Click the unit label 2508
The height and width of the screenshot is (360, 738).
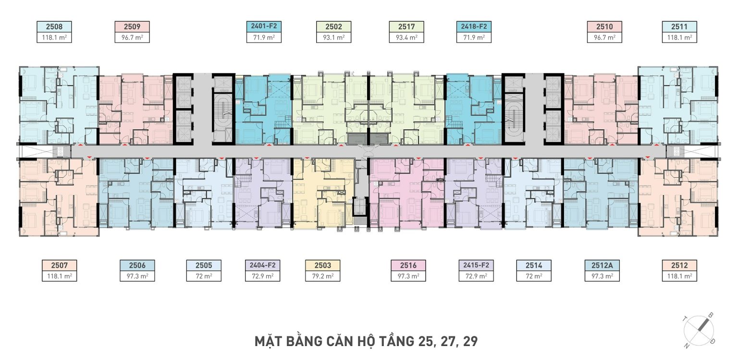pos(54,27)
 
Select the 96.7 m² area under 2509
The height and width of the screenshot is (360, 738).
pos(132,37)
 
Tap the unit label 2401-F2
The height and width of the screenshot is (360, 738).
pos(264,26)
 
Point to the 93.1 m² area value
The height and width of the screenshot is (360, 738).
pos(334,37)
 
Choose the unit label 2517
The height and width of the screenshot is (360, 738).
pos(406,27)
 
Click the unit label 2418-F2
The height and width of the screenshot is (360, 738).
pos(474,26)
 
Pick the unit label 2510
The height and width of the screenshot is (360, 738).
pos(604,27)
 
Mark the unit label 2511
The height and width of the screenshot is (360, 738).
pos(679,27)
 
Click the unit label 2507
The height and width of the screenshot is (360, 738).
pos(59,265)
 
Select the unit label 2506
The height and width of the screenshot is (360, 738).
pos(137,265)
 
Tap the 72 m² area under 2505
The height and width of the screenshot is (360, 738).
pos(204,276)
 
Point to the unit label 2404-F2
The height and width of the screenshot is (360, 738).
pos(263,265)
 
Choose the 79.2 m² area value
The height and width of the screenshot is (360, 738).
pos(323,276)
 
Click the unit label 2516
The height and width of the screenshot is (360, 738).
pos(408,265)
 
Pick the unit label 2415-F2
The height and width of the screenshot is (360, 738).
pos(476,265)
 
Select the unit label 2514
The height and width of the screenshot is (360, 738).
pos(534,265)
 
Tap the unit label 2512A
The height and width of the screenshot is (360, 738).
pos(602,265)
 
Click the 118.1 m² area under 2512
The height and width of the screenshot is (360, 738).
pos(680,276)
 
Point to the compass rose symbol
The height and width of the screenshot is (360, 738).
pos(699,330)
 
